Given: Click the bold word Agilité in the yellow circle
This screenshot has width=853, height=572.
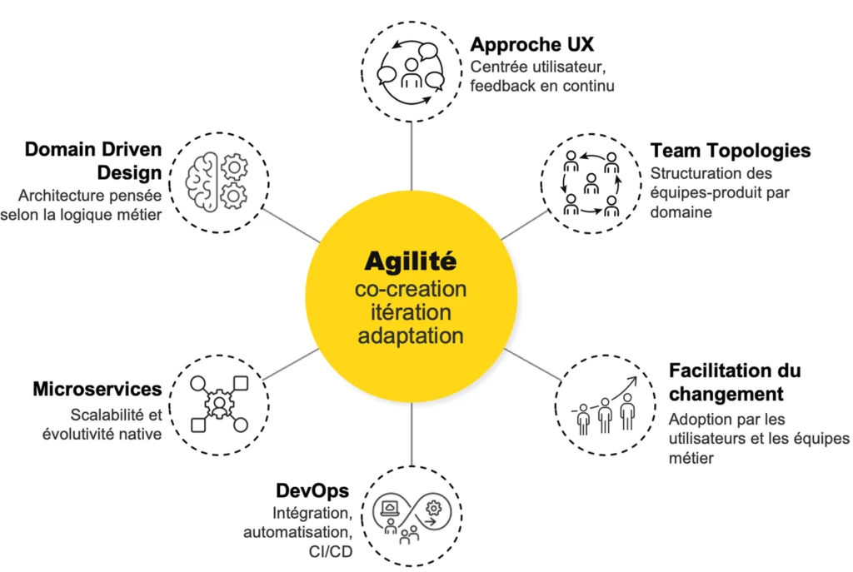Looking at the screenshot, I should (411, 261).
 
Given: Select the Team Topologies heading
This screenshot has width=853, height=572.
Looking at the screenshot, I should (731, 151).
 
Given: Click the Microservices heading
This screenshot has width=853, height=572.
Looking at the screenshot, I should (97, 389).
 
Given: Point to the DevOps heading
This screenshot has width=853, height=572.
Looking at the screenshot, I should (312, 490).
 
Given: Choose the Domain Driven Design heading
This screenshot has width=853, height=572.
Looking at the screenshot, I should (93, 161).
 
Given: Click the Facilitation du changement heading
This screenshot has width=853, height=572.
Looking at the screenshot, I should (735, 381).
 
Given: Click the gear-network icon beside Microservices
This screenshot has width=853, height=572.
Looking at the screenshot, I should (219, 405).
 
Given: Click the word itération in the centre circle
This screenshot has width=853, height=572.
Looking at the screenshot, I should (411, 313).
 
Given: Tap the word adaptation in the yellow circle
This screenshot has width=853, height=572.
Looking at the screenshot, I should (411, 336).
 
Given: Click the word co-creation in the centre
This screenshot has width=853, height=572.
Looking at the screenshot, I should (411, 289).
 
